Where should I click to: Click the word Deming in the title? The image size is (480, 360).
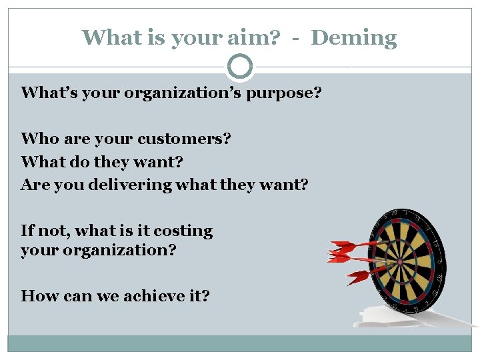click(354, 38)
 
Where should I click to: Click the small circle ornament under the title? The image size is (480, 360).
click(240, 67)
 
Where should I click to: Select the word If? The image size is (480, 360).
click(27, 231)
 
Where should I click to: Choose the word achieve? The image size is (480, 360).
click(151, 295)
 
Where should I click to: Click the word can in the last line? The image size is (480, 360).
click(79, 295)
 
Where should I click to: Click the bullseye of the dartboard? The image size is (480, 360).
click(399, 261)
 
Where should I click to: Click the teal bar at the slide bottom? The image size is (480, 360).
click(240, 343)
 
